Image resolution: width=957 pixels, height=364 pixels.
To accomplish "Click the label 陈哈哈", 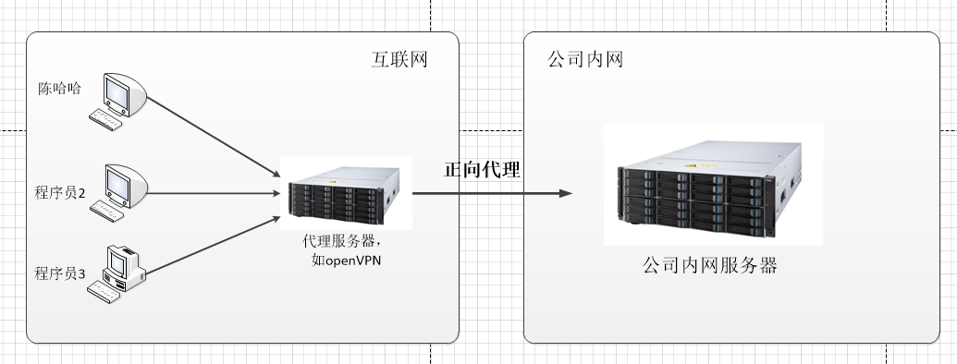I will pyautogui.click(x=59, y=90).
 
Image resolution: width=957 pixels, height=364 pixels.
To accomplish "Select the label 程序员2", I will pyautogui.click(x=60, y=193).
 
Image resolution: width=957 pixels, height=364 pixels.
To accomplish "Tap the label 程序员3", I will pyautogui.click(x=60, y=273).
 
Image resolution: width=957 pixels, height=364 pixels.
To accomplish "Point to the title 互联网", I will pyautogui.click(x=399, y=60).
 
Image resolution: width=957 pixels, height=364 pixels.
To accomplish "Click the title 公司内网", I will pyautogui.click(x=584, y=60).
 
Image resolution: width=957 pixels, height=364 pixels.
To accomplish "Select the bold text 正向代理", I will pyautogui.click(x=482, y=169).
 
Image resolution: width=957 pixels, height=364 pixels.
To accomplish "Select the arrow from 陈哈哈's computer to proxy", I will pyautogui.click(x=213, y=134).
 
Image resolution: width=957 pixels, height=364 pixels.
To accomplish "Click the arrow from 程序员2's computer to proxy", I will pyautogui.click(x=213, y=194).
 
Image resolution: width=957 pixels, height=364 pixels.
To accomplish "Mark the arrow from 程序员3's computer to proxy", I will pyautogui.click(x=213, y=247).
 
